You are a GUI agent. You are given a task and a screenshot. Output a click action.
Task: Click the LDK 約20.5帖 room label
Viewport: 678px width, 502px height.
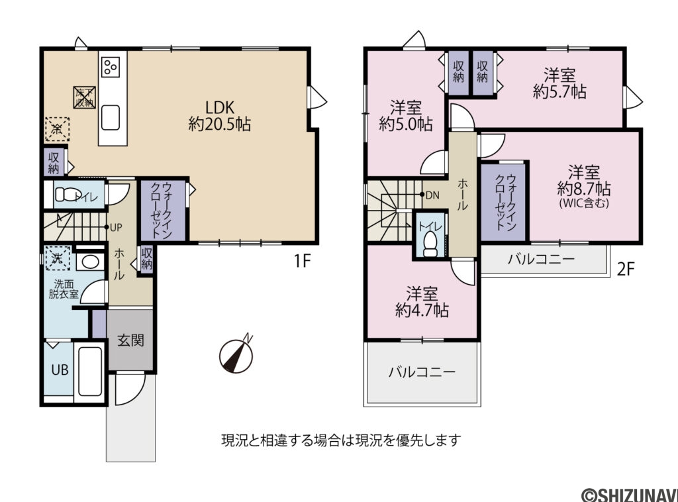point(219,116)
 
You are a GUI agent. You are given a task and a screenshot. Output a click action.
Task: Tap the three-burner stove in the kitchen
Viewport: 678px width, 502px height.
point(111,67)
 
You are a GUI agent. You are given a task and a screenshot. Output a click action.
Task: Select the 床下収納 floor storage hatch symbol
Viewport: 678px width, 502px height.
point(83,97)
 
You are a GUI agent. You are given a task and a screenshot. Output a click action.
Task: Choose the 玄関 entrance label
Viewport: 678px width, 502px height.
point(130,341)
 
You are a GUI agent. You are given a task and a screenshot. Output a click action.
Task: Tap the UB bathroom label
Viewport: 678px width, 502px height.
point(60,369)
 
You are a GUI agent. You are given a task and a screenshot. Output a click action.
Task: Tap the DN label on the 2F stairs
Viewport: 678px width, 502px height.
point(432,195)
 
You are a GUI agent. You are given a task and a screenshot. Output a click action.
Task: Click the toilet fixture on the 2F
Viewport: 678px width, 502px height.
point(431,242)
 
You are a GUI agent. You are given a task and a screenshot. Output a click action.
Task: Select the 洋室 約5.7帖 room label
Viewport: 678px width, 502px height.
point(559,83)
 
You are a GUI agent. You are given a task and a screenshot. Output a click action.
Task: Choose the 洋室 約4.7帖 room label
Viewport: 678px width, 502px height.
point(422,301)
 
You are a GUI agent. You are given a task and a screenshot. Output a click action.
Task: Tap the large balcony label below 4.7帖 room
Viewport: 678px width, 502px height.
point(422,372)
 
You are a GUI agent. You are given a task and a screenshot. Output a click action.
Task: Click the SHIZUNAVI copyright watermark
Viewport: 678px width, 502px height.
point(628,493)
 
